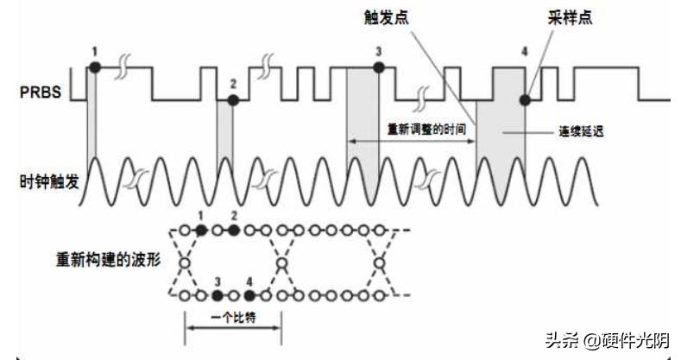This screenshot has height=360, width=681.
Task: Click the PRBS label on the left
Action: point(40,92)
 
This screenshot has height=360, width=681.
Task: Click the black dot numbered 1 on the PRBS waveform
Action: point(95,66)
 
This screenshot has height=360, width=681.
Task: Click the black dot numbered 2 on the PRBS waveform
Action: point(231,100)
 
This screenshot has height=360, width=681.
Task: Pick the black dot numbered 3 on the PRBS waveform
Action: point(378,67)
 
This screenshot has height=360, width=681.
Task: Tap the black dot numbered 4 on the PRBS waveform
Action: point(524,100)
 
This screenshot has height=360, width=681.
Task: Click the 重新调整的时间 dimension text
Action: point(421,129)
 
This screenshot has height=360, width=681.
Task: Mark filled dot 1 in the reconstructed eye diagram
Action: point(201,231)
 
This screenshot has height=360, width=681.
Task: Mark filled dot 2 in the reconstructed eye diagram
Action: point(233,231)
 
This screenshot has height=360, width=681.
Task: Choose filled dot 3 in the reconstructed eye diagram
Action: point(218,295)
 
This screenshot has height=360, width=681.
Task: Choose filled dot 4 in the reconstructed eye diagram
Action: point(249,295)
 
